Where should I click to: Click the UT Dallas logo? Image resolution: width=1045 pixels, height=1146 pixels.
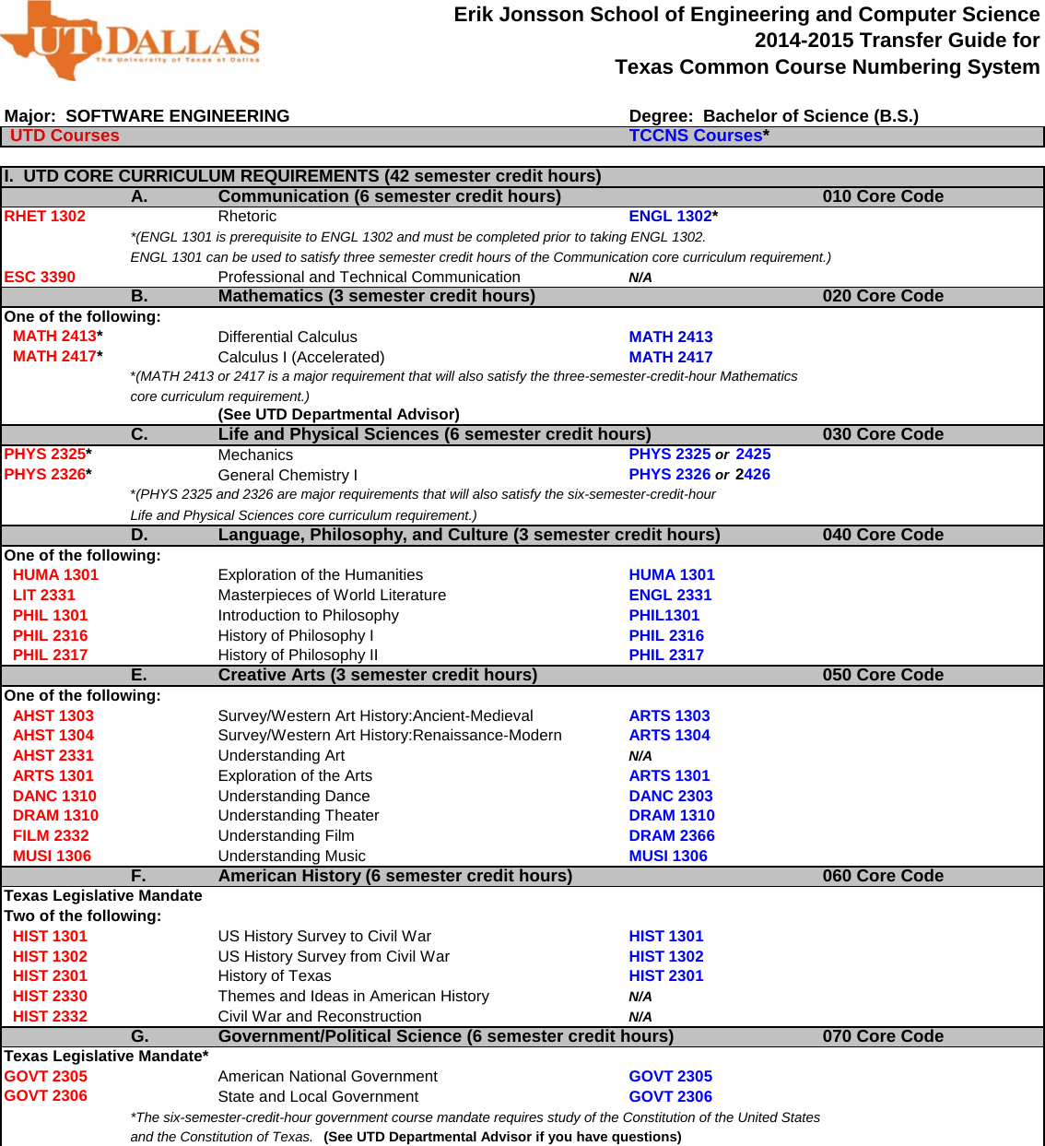pyautogui.click(x=129, y=41)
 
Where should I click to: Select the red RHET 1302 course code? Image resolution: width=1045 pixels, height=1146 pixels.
pyautogui.click(x=44, y=217)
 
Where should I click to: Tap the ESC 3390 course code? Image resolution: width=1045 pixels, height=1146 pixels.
pyautogui.click(x=40, y=277)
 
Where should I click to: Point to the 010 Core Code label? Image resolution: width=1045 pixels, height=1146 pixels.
pyautogui.click(x=883, y=196)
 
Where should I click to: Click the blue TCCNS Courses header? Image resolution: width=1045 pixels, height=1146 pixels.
pyautogui.click(x=696, y=136)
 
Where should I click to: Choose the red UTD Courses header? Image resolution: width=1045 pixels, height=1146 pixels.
pyautogui.click(x=65, y=136)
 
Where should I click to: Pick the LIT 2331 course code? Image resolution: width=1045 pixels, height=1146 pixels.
pyautogui.click(x=44, y=596)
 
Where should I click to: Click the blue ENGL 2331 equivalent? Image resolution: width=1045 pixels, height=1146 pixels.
pyautogui.click(x=670, y=596)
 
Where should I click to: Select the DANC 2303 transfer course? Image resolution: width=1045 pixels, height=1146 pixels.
pyautogui.click(x=671, y=796)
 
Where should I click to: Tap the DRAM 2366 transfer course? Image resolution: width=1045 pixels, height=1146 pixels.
pyautogui.click(x=672, y=835)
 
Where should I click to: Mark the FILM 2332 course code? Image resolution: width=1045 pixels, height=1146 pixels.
pyautogui.click(x=51, y=835)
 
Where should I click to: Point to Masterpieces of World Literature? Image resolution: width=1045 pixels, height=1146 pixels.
pyautogui.click(x=332, y=596)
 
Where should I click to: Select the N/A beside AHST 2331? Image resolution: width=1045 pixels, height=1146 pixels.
pyautogui.click(x=640, y=756)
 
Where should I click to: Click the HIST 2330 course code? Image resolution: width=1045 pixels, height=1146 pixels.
pyautogui.click(x=50, y=997)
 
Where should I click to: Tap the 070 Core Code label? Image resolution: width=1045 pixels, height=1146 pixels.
pyautogui.click(x=883, y=1036)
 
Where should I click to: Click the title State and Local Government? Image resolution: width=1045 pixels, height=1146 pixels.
pyautogui.click(x=318, y=1097)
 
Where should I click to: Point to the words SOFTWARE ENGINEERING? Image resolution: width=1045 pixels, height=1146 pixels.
pyautogui.click(x=178, y=116)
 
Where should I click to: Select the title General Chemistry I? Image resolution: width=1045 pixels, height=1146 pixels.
pyautogui.click(x=288, y=476)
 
